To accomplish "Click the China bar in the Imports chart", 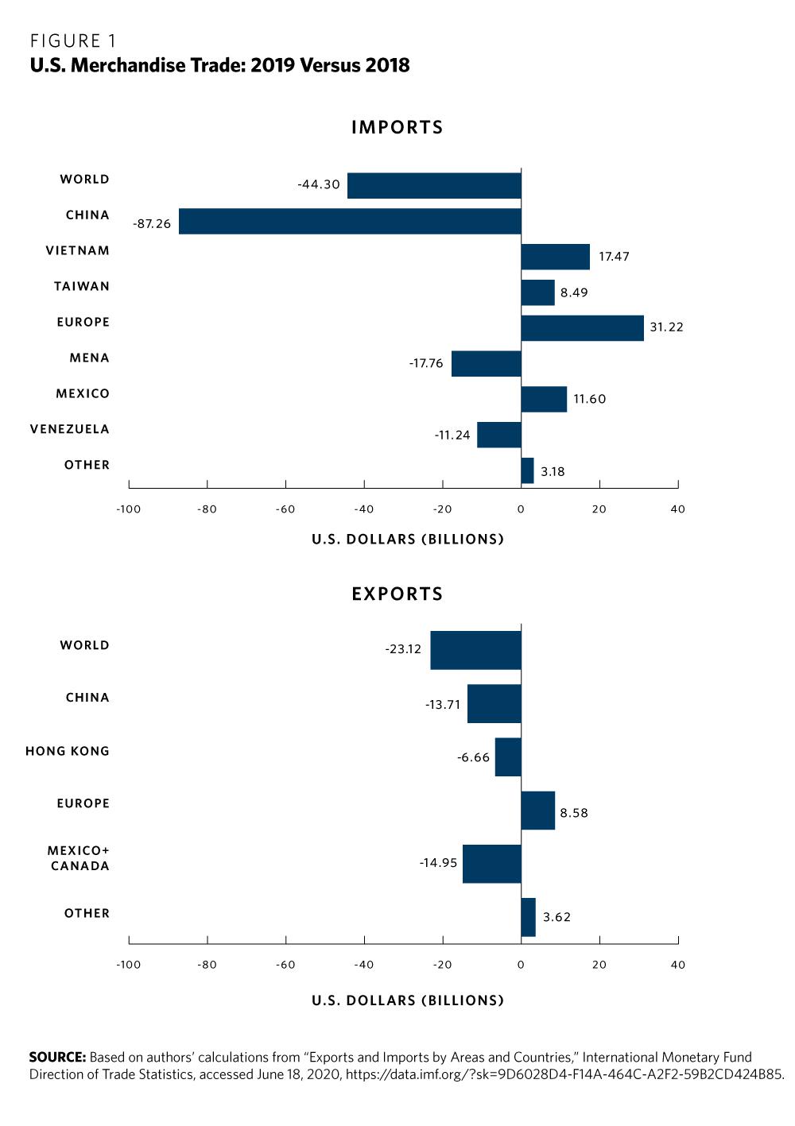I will (x=350, y=221).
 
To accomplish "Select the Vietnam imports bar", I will (x=555, y=257).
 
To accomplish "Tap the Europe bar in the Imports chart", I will (x=582, y=328).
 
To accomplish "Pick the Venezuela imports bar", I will (x=498, y=435).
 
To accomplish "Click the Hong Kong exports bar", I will (x=508, y=756).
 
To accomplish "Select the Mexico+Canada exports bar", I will (x=491, y=864).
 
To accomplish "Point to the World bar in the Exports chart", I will (x=475, y=650).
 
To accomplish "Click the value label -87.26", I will (x=152, y=224).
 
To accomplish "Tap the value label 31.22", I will (x=666, y=327).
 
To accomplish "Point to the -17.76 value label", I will (x=426, y=363).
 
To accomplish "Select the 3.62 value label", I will (x=556, y=917).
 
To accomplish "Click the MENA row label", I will (x=89, y=358).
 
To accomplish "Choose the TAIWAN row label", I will (x=82, y=287).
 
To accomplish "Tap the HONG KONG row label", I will (x=68, y=751).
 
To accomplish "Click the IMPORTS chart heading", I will (x=397, y=127).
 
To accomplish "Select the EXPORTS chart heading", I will (x=397, y=594).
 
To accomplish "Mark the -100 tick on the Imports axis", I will (x=128, y=509).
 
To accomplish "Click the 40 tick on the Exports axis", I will (x=677, y=965).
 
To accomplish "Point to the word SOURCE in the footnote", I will (x=57, y=1057).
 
